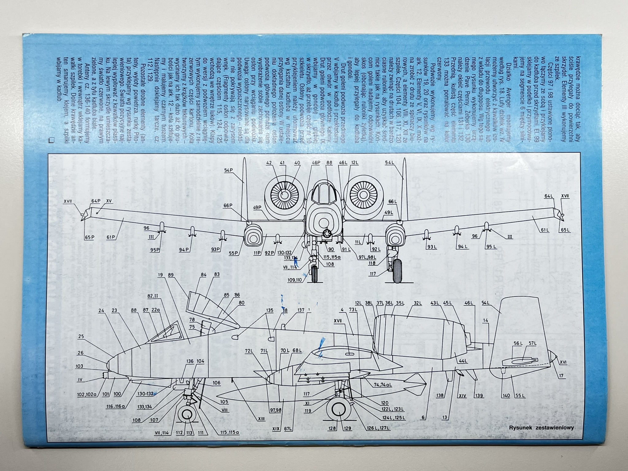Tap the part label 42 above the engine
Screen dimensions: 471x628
pyautogui.click(x=269, y=163)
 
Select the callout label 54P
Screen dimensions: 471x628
pyautogui.click(x=228, y=170)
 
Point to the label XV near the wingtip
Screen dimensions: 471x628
pyautogui.click(x=109, y=201)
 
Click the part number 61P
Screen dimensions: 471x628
pyautogui.click(x=111, y=246)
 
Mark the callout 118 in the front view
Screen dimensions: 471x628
pyautogui.click(x=372, y=263)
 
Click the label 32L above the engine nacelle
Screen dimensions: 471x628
pyautogui.click(x=417, y=303)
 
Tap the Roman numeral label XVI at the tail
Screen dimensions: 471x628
pyautogui.click(x=563, y=362)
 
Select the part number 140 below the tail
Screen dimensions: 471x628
pyautogui.click(x=506, y=395)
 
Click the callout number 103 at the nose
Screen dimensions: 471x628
pyautogui.click(x=79, y=366)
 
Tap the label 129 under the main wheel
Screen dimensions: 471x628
pyautogui.click(x=347, y=428)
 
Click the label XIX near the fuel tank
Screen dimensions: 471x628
pyautogui.click(x=276, y=428)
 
